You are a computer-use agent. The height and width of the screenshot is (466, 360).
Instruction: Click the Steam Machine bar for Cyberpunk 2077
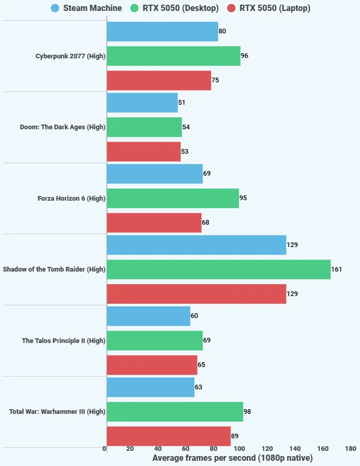(x=163, y=31)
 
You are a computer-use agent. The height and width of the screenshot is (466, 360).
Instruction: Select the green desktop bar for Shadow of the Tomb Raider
(x=219, y=269)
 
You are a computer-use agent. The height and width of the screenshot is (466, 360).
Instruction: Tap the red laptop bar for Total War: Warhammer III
(x=169, y=436)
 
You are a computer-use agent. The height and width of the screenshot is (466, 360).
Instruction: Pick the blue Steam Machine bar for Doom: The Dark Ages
(x=142, y=103)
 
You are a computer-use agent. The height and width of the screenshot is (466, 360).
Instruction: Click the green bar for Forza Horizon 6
(x=173, y=198)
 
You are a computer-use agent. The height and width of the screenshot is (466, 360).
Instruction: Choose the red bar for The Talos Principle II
(x=152, y=365)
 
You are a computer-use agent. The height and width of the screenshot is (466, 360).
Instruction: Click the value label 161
(x=337, y=269)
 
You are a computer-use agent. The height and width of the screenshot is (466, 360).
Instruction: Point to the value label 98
(x=247, y=412)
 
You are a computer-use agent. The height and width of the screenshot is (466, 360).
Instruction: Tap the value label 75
(x=215, y=80)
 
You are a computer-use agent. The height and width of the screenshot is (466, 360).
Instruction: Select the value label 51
(x=181, y=103)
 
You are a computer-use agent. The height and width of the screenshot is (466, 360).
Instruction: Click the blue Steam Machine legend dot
(x=55, y=8)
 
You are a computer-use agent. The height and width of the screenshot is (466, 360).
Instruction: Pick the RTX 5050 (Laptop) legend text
(x=275, y=8)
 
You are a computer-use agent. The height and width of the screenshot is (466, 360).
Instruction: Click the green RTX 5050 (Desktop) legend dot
(x=134, y=8)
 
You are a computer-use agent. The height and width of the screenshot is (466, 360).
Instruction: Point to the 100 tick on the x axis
(x=240, y=448)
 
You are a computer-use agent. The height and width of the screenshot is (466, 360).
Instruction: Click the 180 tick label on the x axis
(x=351, y=448)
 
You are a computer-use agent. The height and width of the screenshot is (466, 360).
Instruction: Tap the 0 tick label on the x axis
(x=104, y=448)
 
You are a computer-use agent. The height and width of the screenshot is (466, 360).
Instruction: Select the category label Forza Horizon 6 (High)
(x=71, y=198)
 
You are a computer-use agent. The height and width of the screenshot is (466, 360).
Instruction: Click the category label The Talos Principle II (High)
(x=64, y=340)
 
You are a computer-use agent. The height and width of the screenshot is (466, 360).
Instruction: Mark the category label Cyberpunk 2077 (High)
(x=70, y=56)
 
